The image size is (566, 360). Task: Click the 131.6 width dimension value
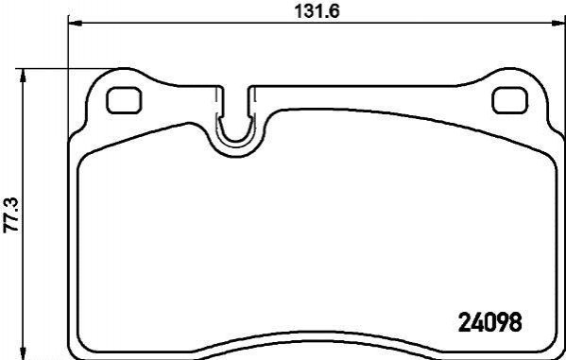tap(317, 11)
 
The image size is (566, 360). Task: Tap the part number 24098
tap(489, 321)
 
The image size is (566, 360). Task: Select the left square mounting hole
tap(124, 100)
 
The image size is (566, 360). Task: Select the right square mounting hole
tap(510, 100)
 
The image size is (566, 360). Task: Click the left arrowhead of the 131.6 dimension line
tap(75, 23)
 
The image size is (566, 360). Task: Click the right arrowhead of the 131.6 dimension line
tap(558, 23)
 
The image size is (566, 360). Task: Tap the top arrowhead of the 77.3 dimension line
tap(24, 75)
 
